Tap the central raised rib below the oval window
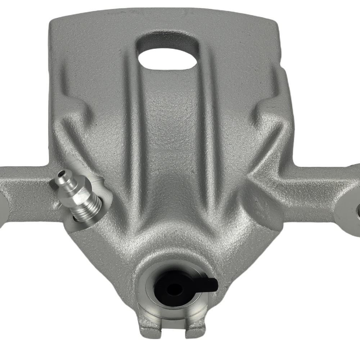point(169,137)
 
